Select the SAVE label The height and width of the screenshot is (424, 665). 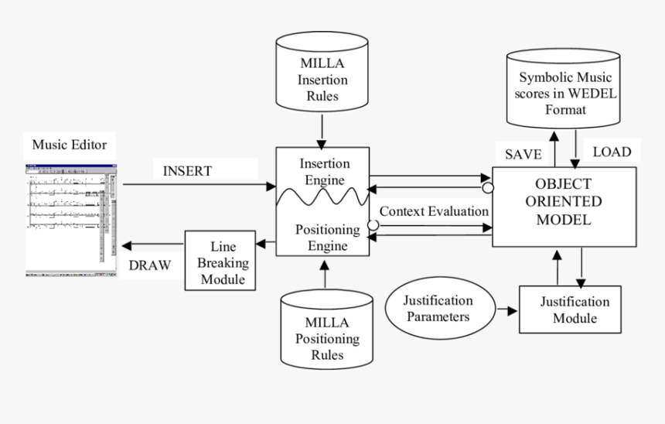pos(523,153)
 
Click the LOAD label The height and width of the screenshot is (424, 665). pos(611,152)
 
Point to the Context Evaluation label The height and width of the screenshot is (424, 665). pos(434,210)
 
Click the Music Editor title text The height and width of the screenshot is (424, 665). pos(69,144)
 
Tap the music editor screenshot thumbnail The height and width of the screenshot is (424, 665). pos(70,219)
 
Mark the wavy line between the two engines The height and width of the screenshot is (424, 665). pos(324,198)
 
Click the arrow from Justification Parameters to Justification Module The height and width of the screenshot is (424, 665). pos(506,310)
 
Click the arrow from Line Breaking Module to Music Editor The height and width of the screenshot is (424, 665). pos(153,245)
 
